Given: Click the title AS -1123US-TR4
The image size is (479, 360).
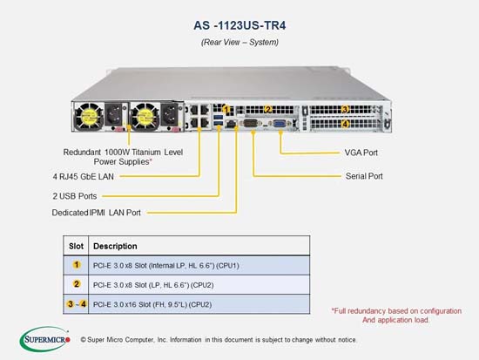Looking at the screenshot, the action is click(239, 25).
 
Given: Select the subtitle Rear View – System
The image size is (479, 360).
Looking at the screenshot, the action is click(239, 42).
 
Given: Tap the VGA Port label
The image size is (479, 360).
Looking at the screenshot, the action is click(361, 153).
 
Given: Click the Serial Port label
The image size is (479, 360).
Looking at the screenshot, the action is click(364, 176).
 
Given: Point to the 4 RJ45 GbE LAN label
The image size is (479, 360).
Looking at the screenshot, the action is click(83, 176).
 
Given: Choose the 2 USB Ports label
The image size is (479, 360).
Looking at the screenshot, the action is click(75, 196).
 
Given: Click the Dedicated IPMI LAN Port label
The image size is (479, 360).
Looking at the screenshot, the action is click(96, 213).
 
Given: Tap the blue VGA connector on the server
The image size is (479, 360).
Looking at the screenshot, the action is click(280, 124).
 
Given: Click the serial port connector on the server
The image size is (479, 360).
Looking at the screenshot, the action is click(251, 124).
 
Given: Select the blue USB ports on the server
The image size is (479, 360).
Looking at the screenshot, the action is click(218, 120).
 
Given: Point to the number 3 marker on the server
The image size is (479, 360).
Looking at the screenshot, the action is click(345, 109).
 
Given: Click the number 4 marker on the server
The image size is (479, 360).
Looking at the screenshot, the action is click(345, 124).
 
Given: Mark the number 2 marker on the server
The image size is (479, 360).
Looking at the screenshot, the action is click(268, 109).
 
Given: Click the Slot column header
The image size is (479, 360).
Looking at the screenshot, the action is click(76, 246).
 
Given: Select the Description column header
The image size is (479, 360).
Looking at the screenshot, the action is click(115, 246).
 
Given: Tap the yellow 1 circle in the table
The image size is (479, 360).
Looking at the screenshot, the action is click(77, 265).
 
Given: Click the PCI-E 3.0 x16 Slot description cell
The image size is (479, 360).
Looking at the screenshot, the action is click(199, 304).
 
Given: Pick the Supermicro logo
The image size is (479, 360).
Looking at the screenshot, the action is click(45, 339).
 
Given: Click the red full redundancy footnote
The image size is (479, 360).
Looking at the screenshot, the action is click(396, 316).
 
